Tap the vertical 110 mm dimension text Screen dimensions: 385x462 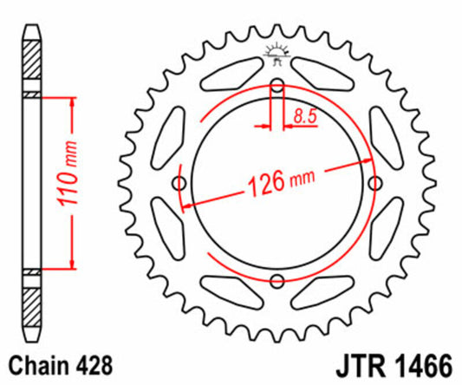[75, 182]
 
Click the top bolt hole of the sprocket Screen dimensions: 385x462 [277, 86]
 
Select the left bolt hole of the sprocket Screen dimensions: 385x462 [180, 183]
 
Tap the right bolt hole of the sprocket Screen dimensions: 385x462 [374, 183]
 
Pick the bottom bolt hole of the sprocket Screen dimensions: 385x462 [277, 280]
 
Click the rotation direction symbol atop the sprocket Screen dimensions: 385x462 [277, 54]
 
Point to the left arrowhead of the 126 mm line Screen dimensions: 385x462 [186, 205]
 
